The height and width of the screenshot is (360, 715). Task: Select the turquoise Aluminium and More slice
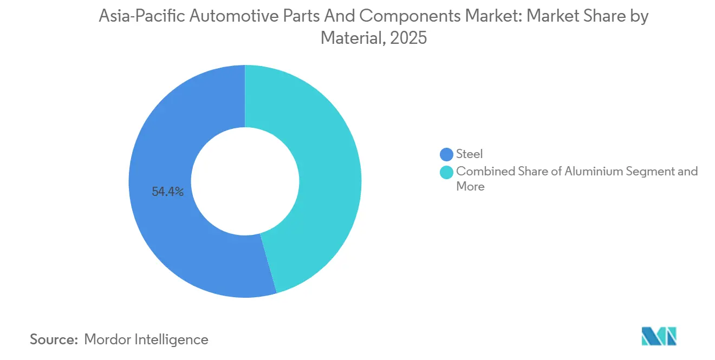(x=325, y=162)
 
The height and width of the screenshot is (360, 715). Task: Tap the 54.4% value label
(x=168, y=192)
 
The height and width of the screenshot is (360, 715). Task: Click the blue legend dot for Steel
(x=447, y=155)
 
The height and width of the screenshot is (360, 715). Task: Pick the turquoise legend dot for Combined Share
(x=447, y=172)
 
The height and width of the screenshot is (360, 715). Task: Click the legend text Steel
(x=469, y=155)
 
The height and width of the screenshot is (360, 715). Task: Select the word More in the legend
(x=470, y=187)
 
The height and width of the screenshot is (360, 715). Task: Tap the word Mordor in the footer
(x=107, y=339)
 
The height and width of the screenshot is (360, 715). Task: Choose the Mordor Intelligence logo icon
(x=659, y=336)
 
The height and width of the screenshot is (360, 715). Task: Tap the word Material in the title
(x=346, y=38)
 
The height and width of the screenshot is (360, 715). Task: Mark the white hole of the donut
(x=245, y=181)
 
